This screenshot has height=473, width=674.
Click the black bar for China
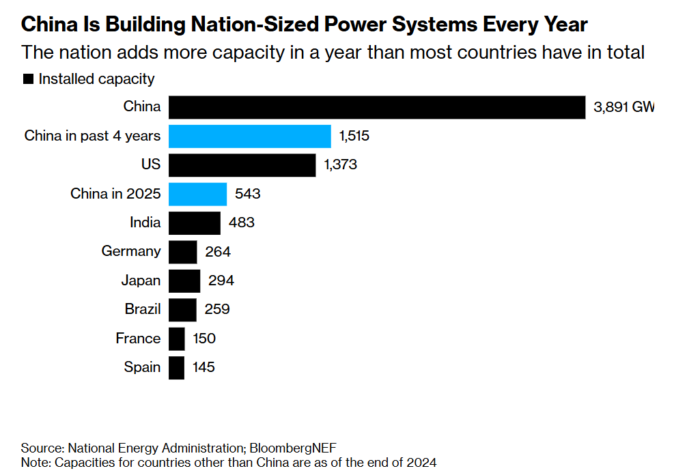(377, 107)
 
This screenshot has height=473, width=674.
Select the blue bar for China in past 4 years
(250, 136)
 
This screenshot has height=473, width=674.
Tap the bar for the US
(242, 165)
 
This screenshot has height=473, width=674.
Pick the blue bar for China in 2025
(198, 194)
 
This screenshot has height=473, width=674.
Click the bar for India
(195, 223)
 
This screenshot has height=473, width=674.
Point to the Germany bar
(183, 252)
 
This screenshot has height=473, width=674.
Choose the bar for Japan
(184, 281)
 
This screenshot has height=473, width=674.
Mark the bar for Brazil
(182, 309)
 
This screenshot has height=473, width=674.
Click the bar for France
(177, 339)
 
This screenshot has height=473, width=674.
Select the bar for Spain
(177, 367)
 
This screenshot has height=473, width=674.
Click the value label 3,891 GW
(623, 107)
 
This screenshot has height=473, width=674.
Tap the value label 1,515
(354, 136)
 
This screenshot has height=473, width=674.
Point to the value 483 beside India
(241, 223)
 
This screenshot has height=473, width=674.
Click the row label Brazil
(143, 309)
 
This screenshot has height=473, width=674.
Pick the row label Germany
(131, 252)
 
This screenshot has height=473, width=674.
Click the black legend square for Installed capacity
(28, 79)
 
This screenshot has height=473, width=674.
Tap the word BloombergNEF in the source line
(293, 448)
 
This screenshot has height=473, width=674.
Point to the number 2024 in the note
(422, 463)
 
